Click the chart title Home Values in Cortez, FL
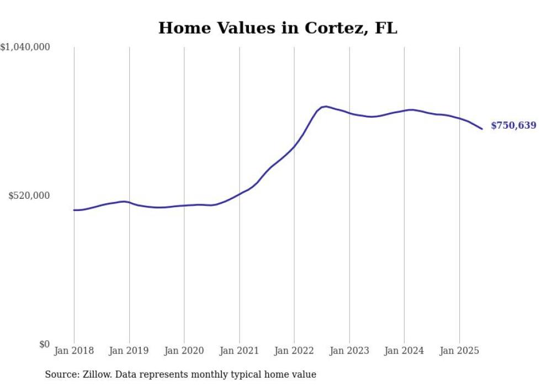[277, 28]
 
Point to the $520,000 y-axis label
[29, 195]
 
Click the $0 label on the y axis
[44, 345]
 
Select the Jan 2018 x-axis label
[74, 351]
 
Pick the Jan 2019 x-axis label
[129, 351]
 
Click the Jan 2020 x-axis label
[184, 351]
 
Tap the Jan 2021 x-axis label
[239, 351]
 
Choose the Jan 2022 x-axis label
[294, 351]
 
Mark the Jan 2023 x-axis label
[349, 351]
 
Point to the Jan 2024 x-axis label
[404, 351]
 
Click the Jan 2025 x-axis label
[459, 351]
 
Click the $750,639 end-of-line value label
[513, 126]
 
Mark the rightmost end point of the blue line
[482, 129]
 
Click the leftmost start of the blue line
[74, 210]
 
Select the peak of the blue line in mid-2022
[326, 107]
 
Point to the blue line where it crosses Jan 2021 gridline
[239, 194]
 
